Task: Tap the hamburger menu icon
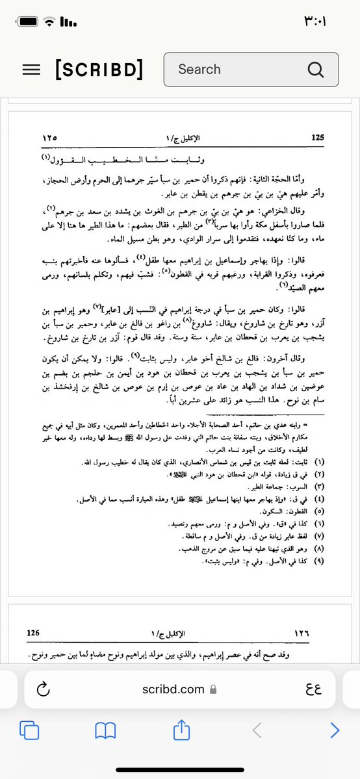31,70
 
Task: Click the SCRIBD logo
99,70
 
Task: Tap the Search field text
199,70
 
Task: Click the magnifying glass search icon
316,70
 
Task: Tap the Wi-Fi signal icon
48,21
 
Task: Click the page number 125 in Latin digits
318,138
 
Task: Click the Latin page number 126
34,632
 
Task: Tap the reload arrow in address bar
44,689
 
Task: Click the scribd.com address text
173,689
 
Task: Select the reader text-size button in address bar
313,689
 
